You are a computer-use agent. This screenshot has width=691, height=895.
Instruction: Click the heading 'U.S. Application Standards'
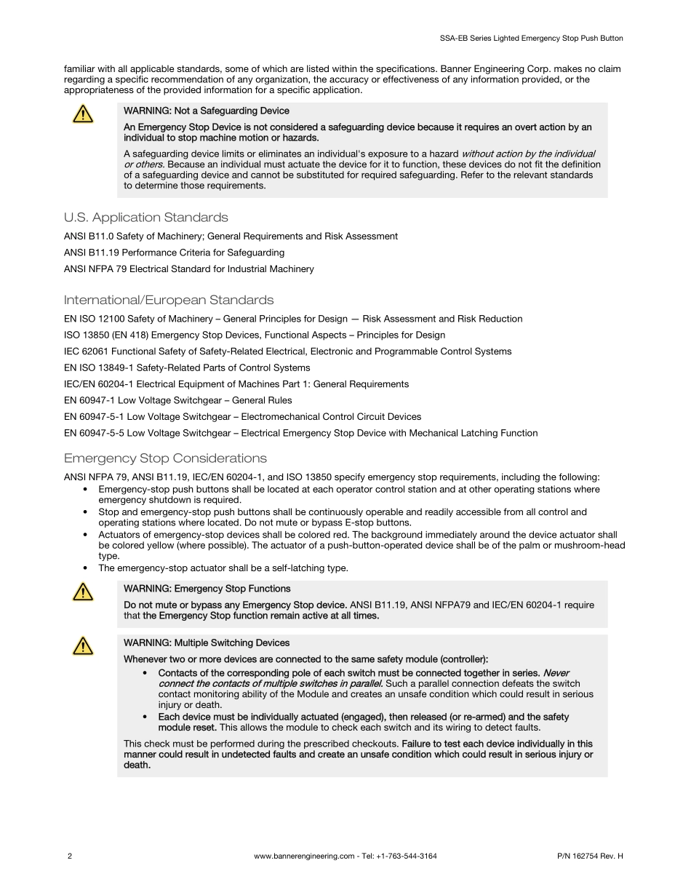point(145,218)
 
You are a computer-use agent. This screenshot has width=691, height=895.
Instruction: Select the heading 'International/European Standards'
point(169,300)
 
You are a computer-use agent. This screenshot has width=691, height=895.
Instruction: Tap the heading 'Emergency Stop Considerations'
point(165,458)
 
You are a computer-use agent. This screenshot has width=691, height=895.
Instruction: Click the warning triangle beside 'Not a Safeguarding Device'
point(83,114)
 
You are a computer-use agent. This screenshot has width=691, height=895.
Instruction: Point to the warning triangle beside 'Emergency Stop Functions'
point(83,592)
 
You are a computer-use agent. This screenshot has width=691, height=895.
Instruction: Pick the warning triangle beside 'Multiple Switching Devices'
point(83,646)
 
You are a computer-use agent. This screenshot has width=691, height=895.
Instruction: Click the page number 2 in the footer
point(69,856)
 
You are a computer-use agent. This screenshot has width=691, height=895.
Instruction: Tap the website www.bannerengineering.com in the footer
point(304,856)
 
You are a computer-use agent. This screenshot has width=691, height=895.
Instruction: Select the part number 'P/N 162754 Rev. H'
point(584,856)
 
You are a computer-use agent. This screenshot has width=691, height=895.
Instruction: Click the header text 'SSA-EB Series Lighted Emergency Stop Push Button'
point(532,38)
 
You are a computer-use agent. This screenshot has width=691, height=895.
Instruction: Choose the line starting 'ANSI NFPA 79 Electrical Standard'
point(189,269)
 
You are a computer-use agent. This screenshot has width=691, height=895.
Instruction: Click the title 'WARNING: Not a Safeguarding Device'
point(207,111)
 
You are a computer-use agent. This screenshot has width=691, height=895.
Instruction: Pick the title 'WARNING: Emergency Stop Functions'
point(207,589)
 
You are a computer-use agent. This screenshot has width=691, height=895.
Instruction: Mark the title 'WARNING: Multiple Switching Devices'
point(207,643)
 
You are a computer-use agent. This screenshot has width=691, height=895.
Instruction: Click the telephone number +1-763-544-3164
point(407,856)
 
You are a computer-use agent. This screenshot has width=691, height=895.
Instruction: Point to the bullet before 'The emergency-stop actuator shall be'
point(87,568)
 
